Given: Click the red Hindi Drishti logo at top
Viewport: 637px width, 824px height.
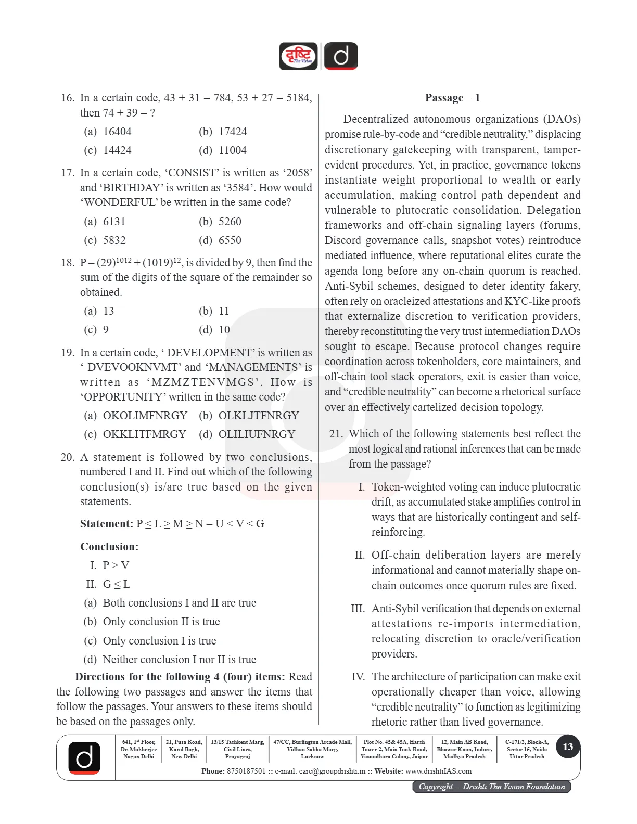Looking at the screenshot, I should pos(298,56).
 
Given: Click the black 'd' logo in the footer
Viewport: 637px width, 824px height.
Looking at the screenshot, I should pos(84,757).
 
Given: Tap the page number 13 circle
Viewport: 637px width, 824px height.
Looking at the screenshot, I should pos(567,747).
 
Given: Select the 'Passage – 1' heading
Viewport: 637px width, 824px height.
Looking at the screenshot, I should pos(452,98).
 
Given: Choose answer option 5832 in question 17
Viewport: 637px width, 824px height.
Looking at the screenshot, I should pos(105,240).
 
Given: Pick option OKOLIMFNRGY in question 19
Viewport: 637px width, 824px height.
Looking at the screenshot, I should pos(135,416).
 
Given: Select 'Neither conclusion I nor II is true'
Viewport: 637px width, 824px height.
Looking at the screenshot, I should pos(170,660).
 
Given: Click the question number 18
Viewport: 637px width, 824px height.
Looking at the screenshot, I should pos(68,263).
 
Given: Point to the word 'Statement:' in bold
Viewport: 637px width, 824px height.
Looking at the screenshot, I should pos(107,524).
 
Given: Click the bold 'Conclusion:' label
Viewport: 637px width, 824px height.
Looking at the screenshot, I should pos(109,547).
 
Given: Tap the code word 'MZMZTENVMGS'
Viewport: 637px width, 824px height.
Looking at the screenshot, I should pos(203,382).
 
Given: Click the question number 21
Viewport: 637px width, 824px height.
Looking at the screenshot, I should pos(336,434).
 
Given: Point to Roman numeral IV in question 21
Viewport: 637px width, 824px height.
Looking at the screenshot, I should pos(358,677).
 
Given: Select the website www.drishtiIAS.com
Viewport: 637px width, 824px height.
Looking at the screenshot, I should pos(438,771).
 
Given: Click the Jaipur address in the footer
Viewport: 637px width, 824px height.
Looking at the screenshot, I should pos(394,749).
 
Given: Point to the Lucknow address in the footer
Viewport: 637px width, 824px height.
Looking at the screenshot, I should pos(312,749).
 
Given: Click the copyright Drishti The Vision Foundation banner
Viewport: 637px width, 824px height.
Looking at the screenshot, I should pos(491,787).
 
